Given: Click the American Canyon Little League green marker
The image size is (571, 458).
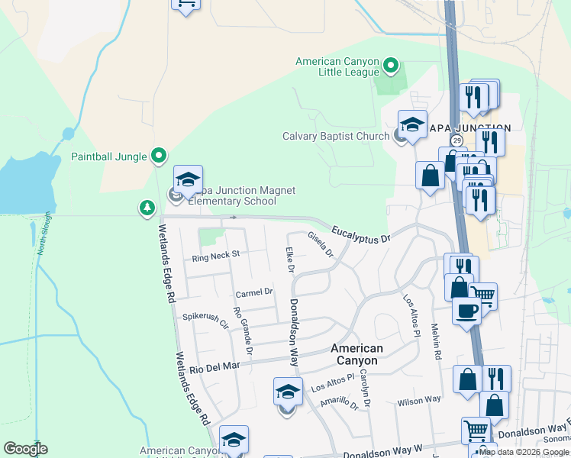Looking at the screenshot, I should point(391,66).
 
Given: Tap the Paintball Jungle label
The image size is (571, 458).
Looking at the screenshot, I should point(108,156).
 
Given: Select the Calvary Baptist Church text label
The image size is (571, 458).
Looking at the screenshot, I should point(336,137).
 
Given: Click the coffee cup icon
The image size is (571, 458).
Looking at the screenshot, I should point(466,311).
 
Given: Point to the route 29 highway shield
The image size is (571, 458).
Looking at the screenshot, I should point(456,141).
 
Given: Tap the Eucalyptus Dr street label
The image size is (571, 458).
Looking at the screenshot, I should point(360,234).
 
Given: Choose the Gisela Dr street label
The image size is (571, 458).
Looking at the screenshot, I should point(321,245).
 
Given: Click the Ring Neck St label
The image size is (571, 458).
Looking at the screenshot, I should point(216,255).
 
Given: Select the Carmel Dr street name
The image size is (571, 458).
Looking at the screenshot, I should point(254,292).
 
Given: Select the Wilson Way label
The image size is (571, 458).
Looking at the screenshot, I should point(418,400).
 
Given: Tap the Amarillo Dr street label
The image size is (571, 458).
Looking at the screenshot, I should point(340,402).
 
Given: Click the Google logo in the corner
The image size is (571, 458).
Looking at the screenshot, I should point(24,449).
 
